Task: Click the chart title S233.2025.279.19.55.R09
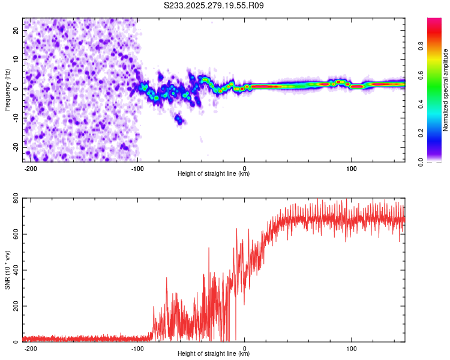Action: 214,5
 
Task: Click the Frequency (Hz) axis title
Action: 7,89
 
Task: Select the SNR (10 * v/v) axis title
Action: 7,270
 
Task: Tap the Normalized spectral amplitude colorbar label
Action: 446,90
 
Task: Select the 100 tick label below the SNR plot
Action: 352,348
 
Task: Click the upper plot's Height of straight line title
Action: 214,173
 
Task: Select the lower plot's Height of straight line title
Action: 214,354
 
